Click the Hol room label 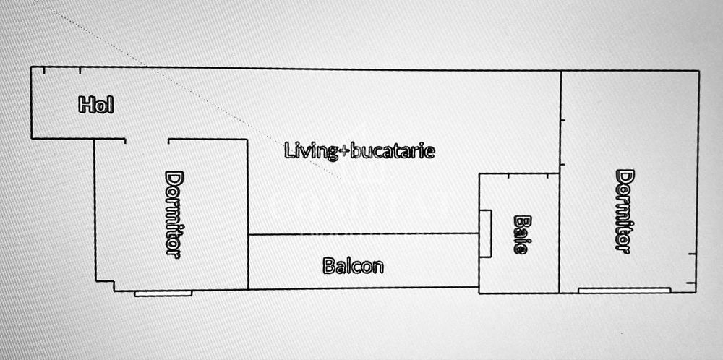96,105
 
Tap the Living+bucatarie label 359,151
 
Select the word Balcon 354,266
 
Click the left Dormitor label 174,215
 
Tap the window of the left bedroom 163,293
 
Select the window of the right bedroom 625,290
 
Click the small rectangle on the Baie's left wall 485,233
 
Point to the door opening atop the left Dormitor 147,140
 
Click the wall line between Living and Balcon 364,234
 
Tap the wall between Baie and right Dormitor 560,233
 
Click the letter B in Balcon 328,266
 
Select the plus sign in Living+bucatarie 344,152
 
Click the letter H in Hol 85,105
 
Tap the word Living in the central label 311,152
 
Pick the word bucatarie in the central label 393,151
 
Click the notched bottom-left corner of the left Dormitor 114,281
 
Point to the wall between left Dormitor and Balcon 248,215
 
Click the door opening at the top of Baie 528,175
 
